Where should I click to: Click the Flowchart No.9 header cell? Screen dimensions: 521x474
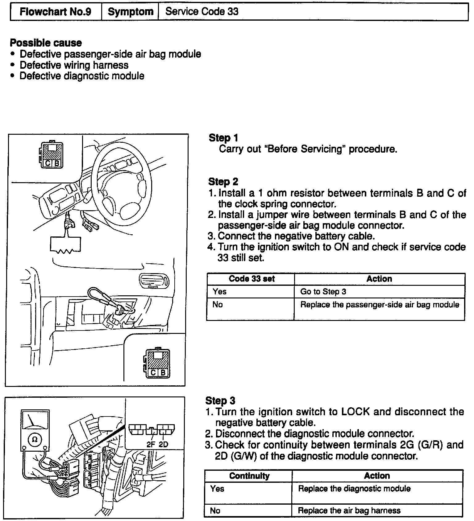[x=56, y=12]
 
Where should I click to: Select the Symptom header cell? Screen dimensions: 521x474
[x=131, y=12]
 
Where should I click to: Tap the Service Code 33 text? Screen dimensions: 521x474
[x=202, y=12]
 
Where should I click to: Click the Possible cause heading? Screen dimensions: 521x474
[x=46, y=43]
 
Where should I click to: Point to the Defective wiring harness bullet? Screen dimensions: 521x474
[x=74, y=65]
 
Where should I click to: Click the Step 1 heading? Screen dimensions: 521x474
[x=223, y=138]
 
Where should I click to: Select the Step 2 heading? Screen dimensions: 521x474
[x=223, y=182]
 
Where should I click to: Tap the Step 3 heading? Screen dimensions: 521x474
[x=220, y=400]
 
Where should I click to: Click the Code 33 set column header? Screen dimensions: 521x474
[x=252, y=279]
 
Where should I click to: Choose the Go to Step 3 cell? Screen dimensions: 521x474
[x=323, y=292]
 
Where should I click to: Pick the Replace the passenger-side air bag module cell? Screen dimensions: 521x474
[x=380, y=305]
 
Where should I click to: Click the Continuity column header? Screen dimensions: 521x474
[x=249, y=476]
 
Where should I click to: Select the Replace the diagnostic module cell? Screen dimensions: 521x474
[x=354, y=489]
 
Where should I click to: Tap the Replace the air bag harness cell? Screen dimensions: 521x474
[x=349, y=511]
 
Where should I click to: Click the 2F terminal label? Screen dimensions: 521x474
[x=151, y=445]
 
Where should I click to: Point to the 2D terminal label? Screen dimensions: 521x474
[x=163, y=445]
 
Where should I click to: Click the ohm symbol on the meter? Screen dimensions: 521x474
[x=35, y=439]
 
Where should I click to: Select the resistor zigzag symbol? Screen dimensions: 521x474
[x=65, y=252]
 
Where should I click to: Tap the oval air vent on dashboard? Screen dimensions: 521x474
[x=154, y=280]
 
